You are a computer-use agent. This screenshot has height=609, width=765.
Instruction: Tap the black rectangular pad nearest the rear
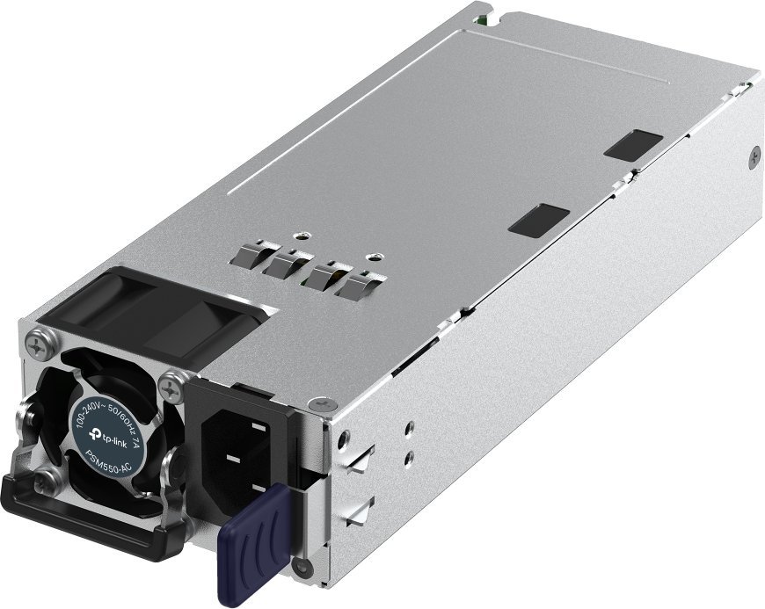633,144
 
